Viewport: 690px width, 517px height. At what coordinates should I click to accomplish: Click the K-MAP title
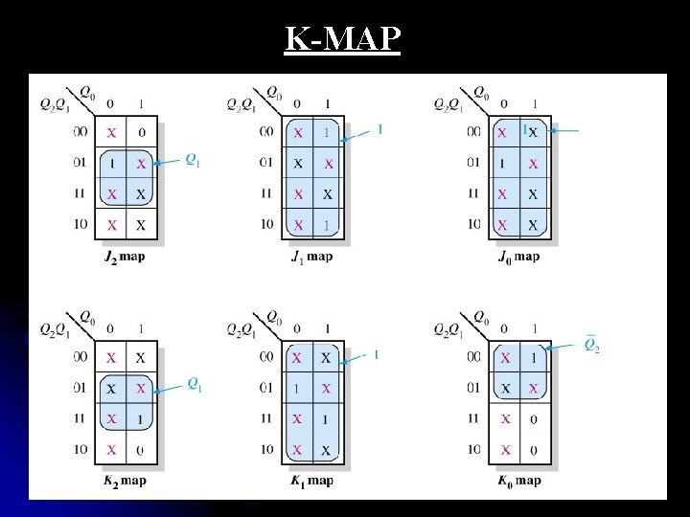tap(343, 39)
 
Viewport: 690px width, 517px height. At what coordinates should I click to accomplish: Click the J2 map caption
tap(126, 257)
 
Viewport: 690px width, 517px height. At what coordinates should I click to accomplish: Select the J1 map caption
tap(311, 257)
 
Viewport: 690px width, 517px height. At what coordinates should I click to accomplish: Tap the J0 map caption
tap(519, 257)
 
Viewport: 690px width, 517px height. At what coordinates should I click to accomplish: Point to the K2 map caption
tap(126, 481)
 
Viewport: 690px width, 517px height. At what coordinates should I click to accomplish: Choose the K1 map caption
tap(311, 481)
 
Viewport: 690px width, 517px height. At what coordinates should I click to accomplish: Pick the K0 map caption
tap(519, 481)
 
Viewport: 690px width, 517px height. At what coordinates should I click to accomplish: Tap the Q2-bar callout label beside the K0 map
tap(592, 346)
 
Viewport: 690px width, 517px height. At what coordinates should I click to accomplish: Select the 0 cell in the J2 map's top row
tap(142, 132)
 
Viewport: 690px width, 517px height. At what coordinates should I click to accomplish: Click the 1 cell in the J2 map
tap(112, 164)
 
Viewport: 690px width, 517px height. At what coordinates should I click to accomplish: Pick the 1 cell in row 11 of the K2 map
tap(142, 418)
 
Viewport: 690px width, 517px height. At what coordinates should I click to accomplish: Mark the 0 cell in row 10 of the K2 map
tap(142, 449)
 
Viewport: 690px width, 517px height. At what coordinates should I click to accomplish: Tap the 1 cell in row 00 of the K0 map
tap(534, 357)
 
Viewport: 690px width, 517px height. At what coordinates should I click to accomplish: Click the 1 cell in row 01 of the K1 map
tap(297, 388)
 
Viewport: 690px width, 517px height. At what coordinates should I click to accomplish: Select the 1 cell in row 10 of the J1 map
tap(328, 225)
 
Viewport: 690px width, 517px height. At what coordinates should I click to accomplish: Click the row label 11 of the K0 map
tap(474, 418)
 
